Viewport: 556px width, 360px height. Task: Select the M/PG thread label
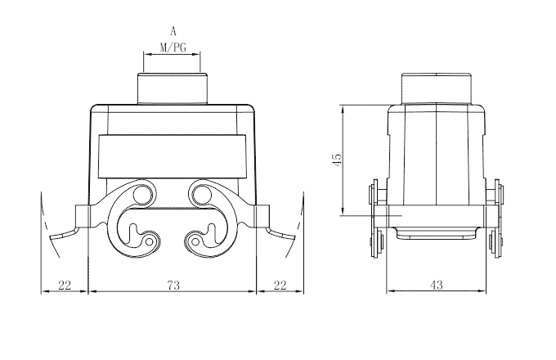pyautogui.click(x=173, y=47)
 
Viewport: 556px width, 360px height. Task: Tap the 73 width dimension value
pyautogui.click(x=173, y=285)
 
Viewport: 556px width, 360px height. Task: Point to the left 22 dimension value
pyautogui.click(x=64, y=285)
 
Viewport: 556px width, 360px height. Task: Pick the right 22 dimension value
pyautogui.click(x=280, y=285)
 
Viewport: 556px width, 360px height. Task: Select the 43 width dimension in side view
pyautogui.click(x=436, y=285)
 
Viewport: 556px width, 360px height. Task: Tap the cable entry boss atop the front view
pyautogui.click(x=173, y=88)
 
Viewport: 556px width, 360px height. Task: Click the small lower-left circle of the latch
pyautogui.click(x=150, y=241)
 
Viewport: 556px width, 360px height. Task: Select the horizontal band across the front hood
pyautogui.click(x=173, y=156)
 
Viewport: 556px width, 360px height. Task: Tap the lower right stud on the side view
pyautogui.click(x=496, y=243)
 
